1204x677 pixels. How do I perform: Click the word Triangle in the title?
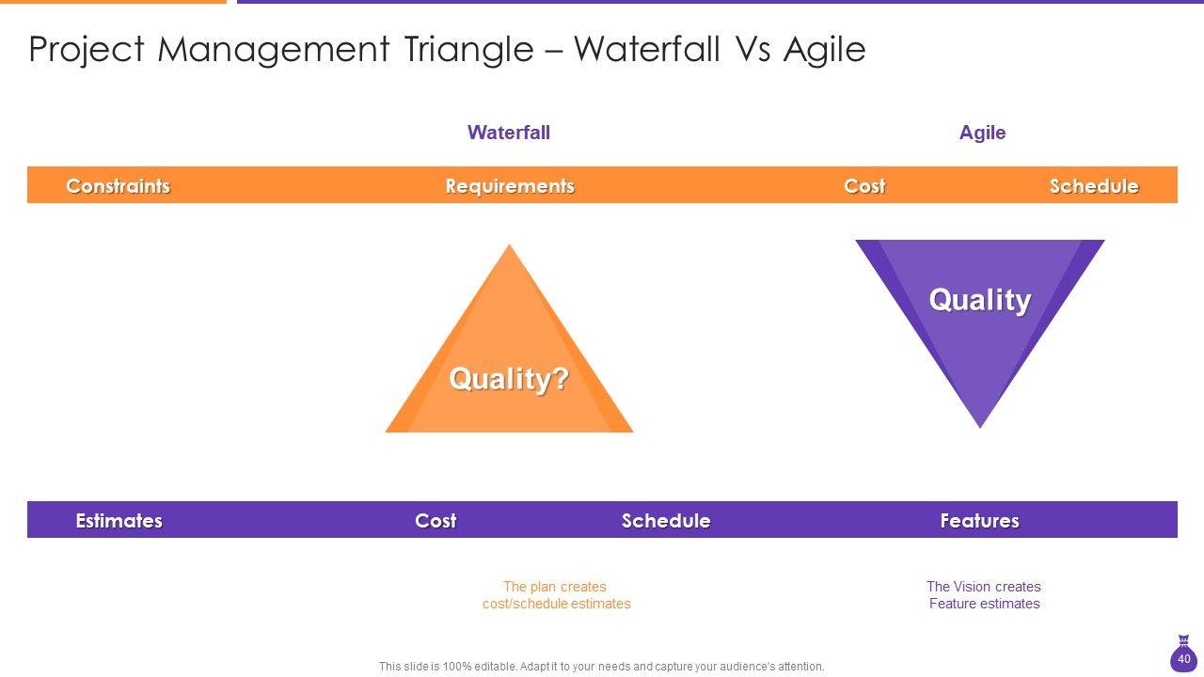pos(468,50)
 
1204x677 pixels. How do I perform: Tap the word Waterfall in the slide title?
pos(646,49)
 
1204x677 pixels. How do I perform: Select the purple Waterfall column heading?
pos(509,133)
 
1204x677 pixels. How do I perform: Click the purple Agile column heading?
pos(982,133)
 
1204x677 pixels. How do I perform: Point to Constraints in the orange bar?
pos(119,186)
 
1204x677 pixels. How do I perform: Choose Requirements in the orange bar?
pos(510,186)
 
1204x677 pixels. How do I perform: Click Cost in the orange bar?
pos(864,186)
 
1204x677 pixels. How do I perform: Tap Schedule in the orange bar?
pos(1094,186)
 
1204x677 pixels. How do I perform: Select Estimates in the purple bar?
pos(119,521)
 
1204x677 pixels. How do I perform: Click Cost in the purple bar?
pos(436,521)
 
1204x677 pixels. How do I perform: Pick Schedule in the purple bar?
pos(666,521)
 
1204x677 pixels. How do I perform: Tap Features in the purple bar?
pos(979,521)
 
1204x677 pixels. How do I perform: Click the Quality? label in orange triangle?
pos(509,378)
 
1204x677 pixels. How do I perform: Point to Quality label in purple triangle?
pos(980,300)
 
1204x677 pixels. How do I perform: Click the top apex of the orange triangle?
pos(509,245)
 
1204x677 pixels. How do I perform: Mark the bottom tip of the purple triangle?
pos(980,428)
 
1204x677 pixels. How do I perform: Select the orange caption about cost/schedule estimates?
pos(556,595)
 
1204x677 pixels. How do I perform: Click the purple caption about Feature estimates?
pos(984,595)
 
